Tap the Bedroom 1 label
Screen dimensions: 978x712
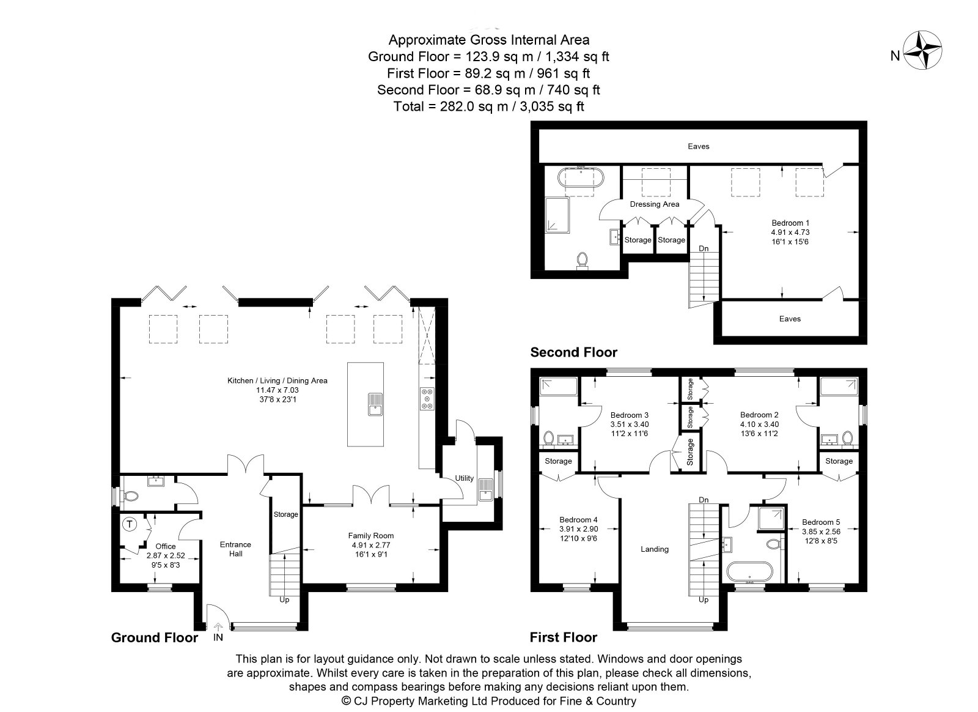tap(790, 223)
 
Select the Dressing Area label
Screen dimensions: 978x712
tap(655, 204)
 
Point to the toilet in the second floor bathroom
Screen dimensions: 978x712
tap(582, 261)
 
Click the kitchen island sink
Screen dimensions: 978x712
tap(375, 404)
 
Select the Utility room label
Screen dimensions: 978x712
tap(464, 478)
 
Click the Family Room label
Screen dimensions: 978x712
tap(370, 535)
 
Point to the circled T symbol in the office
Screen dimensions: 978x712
tap(130, 524)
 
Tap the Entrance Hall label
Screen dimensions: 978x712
tap(236, 549)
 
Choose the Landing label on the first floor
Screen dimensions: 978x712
tap(655, 549)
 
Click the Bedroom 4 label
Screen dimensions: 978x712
tap(578, 520)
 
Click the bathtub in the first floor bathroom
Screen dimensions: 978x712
tap(749, 572)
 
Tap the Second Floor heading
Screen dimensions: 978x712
tap(574, 352)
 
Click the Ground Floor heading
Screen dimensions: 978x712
tap(155, 638)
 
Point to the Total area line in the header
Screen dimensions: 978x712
tap(488, 106)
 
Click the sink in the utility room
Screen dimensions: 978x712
tap(485, 490)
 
